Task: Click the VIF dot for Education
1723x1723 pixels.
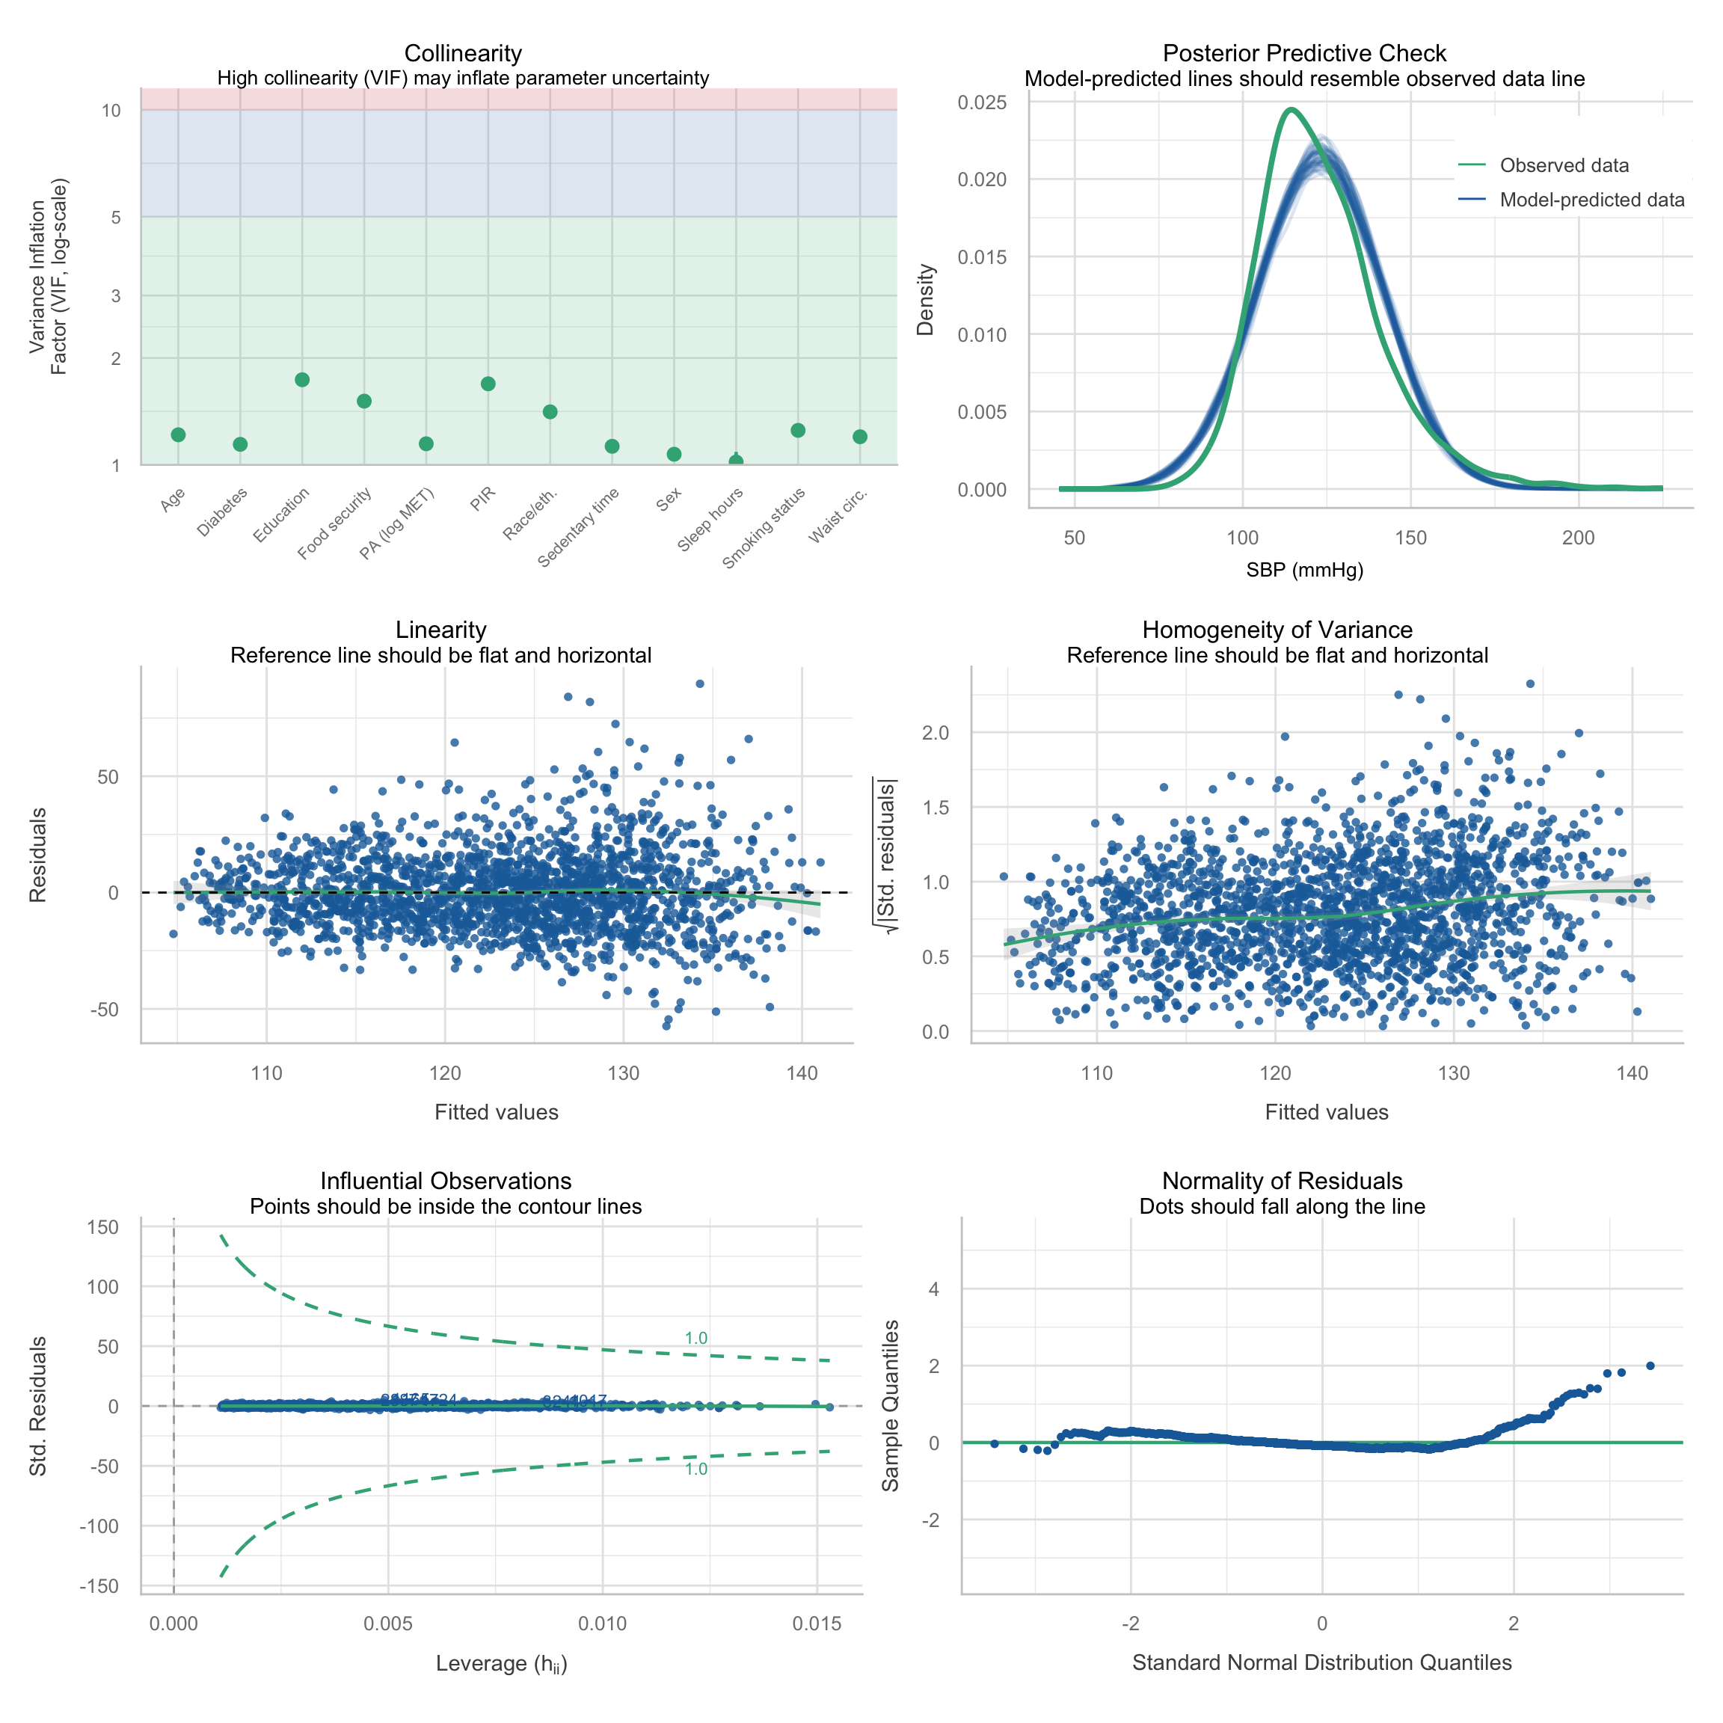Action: (x=302, y=380)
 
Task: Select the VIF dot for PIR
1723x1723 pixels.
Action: (x=488, y=384)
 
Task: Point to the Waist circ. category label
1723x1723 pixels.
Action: (x=838, y=516)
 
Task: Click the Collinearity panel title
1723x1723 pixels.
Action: (x=463, y=54)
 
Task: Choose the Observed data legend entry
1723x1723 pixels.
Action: (x=1564, y=166)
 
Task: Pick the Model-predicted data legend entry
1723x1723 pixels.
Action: (x=1591, y=200)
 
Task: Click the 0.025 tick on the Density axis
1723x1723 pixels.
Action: (x=982, y=102)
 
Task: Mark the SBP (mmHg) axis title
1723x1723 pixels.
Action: (x=1305, y=570)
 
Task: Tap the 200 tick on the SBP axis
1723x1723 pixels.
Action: (x=1578, y=538)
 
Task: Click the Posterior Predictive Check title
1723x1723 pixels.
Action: (x=1304, y=54)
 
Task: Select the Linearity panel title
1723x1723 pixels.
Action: (x=440, y=630)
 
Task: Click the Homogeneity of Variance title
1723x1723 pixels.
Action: (x=1277, y=630)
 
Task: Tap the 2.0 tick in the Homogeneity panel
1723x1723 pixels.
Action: (x=935, y=733)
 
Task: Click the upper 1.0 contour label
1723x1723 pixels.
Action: (x=695, y=1338)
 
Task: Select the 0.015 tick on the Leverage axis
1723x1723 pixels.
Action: (x=817, y=1623)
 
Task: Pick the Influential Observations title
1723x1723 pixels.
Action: (x=446, y=1181)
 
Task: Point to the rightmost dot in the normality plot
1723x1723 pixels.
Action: (x=1650, y=1366)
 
